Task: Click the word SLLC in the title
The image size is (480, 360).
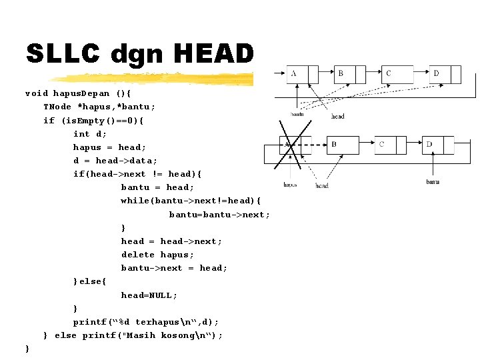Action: pos(63,53)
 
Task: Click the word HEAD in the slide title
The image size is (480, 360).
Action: pos(216,53)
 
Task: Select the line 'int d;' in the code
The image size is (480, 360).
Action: pos(90,134)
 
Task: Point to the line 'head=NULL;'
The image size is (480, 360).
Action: pos(149,295)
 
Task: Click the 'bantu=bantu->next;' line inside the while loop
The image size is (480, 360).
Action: pos(219,215)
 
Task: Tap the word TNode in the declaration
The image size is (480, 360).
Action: pos(58,107)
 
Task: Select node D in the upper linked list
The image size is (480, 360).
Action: pos(441,74)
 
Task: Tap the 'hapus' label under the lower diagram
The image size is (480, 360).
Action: pos(290,185)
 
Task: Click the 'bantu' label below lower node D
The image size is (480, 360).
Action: pos(433,181)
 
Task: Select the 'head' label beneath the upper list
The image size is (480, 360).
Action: pos(338,116)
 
